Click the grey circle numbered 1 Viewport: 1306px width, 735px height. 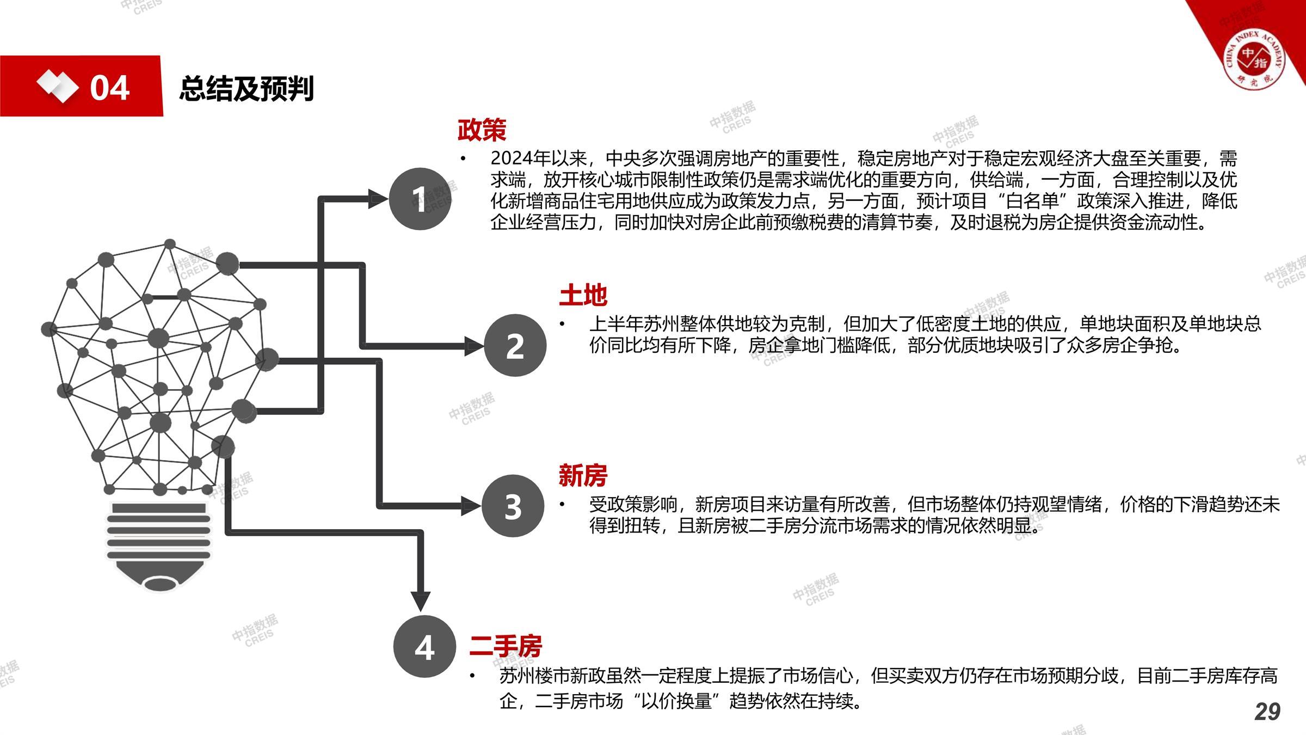pyautogui.click(x=420, y=199)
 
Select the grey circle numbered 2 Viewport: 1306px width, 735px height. pyautogui.click(x=514, y=345)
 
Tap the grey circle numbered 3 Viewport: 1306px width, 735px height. pyautogui.click(x=512, y=506)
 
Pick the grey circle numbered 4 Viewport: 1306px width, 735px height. pyautogui.click(x=424, y=646)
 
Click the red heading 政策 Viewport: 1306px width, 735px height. pyautogui.click(x=482, y=130)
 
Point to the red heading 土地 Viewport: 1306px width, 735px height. pyautogui.click(x=583, y=295)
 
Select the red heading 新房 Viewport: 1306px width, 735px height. pyautogui.click(x=583, y=475)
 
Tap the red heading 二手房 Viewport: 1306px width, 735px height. pyautogui.click(x=506, y=646)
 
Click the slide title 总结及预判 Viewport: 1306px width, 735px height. pyautogui.click(x=247, y=88)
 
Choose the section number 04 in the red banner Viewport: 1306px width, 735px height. pyautogui.click(x=110, y=88)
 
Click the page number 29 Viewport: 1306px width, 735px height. pyautogui.click(x=1267, y=712)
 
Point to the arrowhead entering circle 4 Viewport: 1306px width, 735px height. pyautogui.click(x=420, y=601)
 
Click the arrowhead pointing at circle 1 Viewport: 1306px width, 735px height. pyautogui.click(x=378, y=199)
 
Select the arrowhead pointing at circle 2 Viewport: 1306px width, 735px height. pyautogui.click(x=473, y=346)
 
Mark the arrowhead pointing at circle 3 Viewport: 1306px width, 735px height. pyautogui.click(x=471, y=506)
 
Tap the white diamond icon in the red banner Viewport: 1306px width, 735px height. pyautogui.click(x=57, y=86)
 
